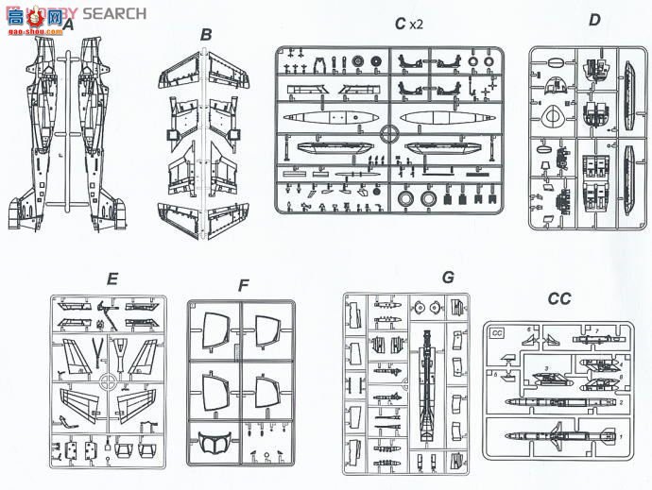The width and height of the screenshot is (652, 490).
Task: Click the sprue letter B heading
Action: [206, 35]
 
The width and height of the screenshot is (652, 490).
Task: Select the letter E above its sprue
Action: [112, 279]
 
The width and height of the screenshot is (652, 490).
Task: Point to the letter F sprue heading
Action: [244, 286]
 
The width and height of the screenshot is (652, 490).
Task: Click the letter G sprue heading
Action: [448, 278]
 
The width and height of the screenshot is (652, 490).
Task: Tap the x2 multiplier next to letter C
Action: [416, 21]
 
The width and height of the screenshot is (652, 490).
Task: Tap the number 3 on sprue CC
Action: [546, 367]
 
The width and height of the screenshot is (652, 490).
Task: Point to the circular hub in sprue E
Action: [110, 384]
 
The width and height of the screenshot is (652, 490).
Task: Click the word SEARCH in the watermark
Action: [114, 13]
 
